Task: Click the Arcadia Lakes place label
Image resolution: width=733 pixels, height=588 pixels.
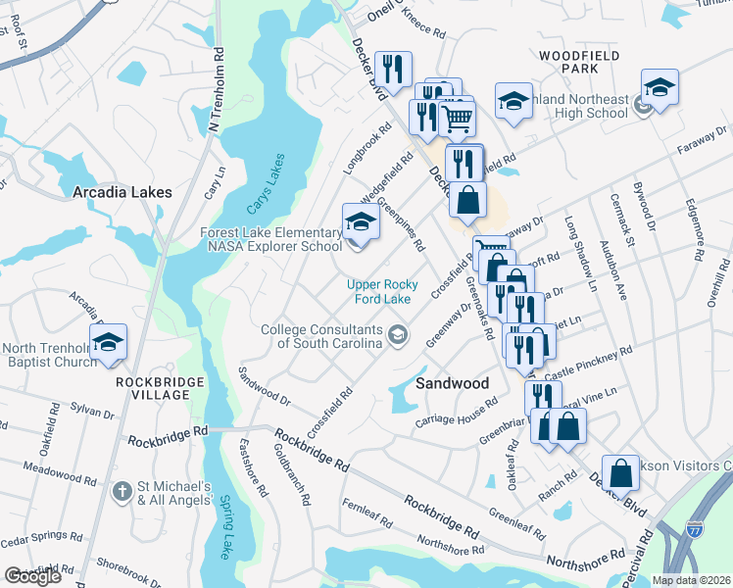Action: coord(122,193)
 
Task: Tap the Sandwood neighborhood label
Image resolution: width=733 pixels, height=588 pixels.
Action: coord(452,383)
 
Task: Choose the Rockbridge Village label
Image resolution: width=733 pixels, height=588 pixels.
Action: coord(160,387)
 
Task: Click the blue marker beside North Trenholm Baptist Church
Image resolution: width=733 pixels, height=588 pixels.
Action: coord(109,342)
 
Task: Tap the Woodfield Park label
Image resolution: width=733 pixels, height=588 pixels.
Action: coord(579,63)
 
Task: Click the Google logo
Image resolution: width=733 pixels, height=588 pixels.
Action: coord(32,576)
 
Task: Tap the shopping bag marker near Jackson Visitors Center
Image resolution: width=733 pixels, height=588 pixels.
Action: coord(621,473)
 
